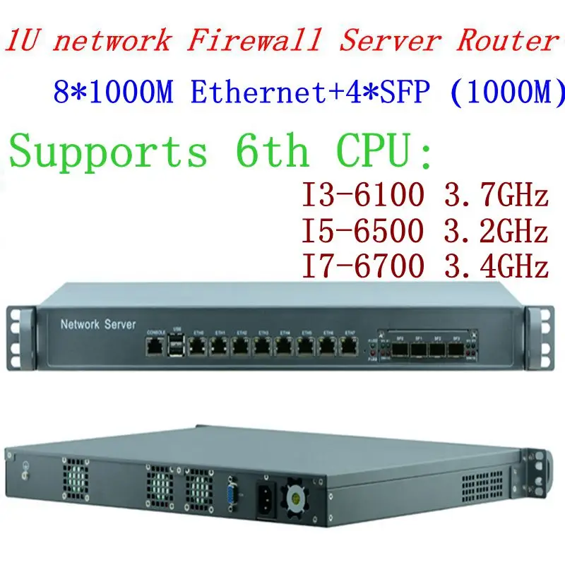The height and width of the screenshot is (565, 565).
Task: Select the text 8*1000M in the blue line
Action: pos(113,93)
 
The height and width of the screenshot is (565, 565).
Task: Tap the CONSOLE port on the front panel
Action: pos(155,345)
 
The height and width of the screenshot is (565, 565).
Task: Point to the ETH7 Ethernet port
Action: pos(348,345)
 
